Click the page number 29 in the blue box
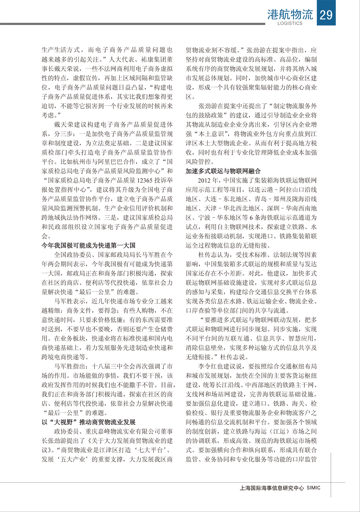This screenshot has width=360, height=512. [x=326, y=14]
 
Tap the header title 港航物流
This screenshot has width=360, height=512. [x=290, y=14]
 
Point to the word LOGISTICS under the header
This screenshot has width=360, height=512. [x=290, y=23]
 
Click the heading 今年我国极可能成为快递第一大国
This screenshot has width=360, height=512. [x=88, y=245]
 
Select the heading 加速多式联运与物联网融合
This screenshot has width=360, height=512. [x=223, y=171]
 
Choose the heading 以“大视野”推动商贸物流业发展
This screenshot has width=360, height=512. [x=88, y=422]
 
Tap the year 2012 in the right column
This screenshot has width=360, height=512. [x=204, y=180]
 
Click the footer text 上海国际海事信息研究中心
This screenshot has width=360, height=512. [x=272, y=488]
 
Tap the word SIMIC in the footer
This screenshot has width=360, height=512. [x=313, y=488]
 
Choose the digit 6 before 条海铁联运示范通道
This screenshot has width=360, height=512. [x=251, y=217]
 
